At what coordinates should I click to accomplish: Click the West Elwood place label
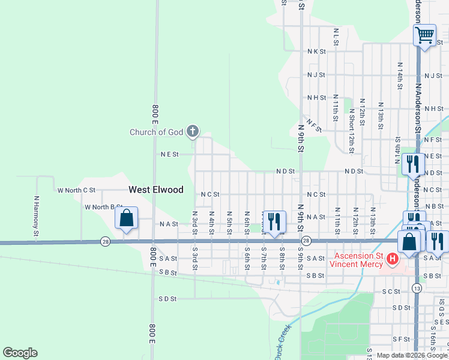[x=156, y=190]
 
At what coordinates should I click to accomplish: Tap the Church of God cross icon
[x=193, y=131]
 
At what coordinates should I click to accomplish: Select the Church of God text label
[x=157, y=132]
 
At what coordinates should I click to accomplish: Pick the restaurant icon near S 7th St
[x=273, y=221]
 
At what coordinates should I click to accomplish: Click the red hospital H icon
[x=392, y=259]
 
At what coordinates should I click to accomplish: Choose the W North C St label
[x=76, y=190]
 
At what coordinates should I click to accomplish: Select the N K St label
[x=316, y=52]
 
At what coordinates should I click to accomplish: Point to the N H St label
[x=316, y=97]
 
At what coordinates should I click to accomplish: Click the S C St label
[x=391, y=291]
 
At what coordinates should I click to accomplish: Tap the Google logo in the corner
[x=20, y=353]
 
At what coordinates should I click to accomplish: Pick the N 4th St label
[x=211, y=223]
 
